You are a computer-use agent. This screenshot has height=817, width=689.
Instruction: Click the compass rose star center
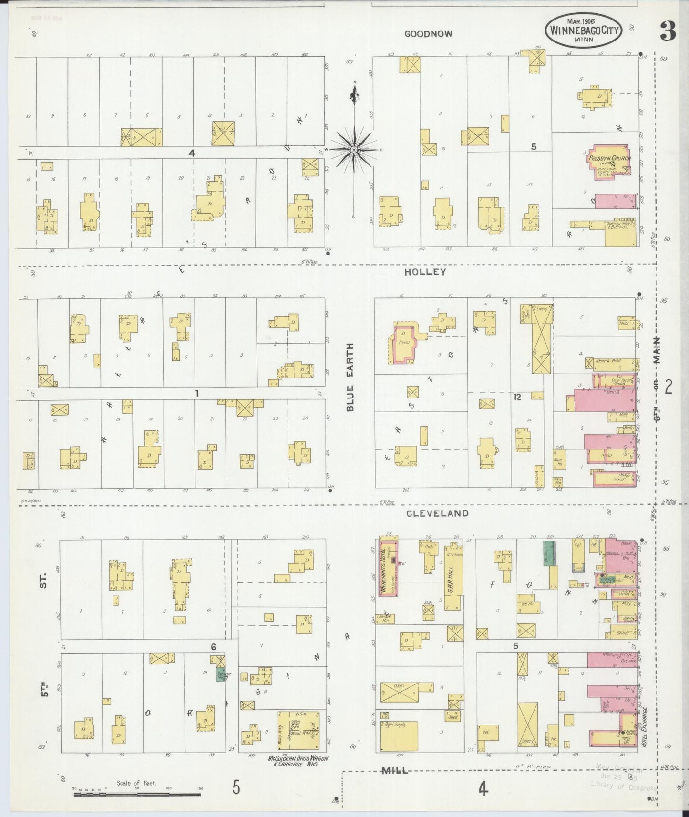(354, 150)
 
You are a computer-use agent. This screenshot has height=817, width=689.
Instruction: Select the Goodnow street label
(428, 34)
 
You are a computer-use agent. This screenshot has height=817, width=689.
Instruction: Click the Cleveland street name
(437, 513)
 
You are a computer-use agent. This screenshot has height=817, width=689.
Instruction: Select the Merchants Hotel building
(388, 567)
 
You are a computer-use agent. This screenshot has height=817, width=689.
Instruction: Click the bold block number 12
(517, 397)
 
